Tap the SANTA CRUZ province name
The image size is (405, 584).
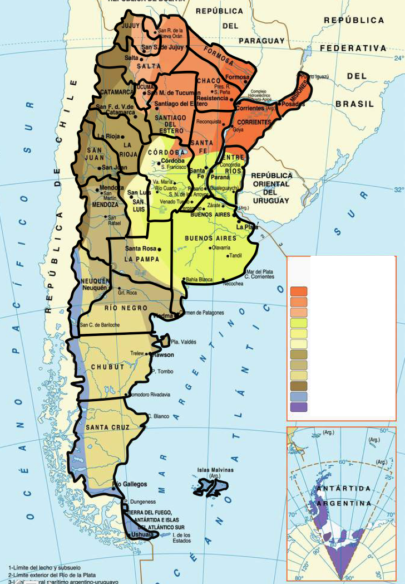107,427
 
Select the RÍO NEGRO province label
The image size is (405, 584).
126,308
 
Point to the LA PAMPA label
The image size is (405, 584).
141,259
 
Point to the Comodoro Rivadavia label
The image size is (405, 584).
151,395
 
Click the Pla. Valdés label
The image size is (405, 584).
183,342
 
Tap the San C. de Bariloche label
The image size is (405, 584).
101,325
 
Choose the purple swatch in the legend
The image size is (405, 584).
298,407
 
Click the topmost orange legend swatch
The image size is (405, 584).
298,291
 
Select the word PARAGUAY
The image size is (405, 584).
262,41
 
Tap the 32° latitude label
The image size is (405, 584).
398,190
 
